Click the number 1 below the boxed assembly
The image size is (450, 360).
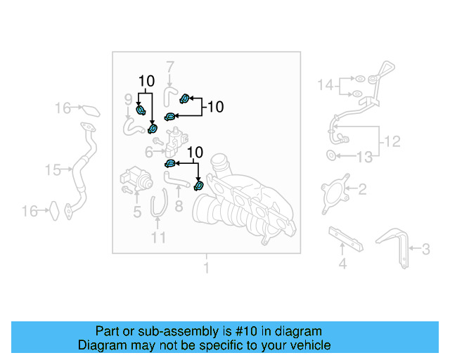coord(206,268)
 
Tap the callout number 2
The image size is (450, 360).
coord(363,188)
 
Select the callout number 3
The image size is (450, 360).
coord(425,247)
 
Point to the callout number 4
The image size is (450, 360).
coord(342,264)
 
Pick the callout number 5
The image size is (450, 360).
coord(137,211)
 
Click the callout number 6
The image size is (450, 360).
coord(149,152)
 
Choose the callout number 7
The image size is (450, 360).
coord(169,67)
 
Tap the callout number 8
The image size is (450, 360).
coord(179,206)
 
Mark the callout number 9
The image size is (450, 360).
coord(129,98)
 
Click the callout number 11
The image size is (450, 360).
coord(159,238)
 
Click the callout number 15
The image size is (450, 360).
coord(53,169)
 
